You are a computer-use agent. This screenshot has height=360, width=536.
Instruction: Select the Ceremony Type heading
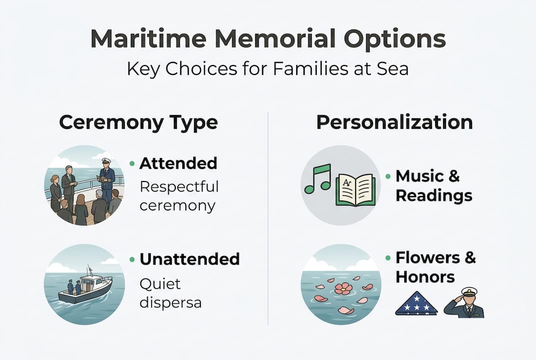click(138, 122)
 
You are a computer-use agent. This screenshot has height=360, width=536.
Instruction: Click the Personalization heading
click(394, 122)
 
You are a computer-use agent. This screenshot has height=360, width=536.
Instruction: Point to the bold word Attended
click(178, 163)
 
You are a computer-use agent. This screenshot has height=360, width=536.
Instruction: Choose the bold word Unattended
click(189, 259)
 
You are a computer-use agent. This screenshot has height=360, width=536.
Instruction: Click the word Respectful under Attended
click(179, 187)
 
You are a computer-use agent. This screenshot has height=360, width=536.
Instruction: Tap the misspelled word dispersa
click(170, 303)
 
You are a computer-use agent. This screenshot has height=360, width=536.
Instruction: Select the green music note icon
click(317, 179)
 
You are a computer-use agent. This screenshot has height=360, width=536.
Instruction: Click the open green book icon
click(355, 189)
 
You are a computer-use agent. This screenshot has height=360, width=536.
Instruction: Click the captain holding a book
click(106, 180)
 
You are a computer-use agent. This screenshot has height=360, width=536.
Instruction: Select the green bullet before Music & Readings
click(388, 177)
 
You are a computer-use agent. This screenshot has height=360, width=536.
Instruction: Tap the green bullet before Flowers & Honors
click(388, 258)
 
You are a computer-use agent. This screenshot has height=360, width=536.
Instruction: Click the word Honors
click(425, 276)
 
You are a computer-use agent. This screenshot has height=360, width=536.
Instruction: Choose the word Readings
click(434, 195)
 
